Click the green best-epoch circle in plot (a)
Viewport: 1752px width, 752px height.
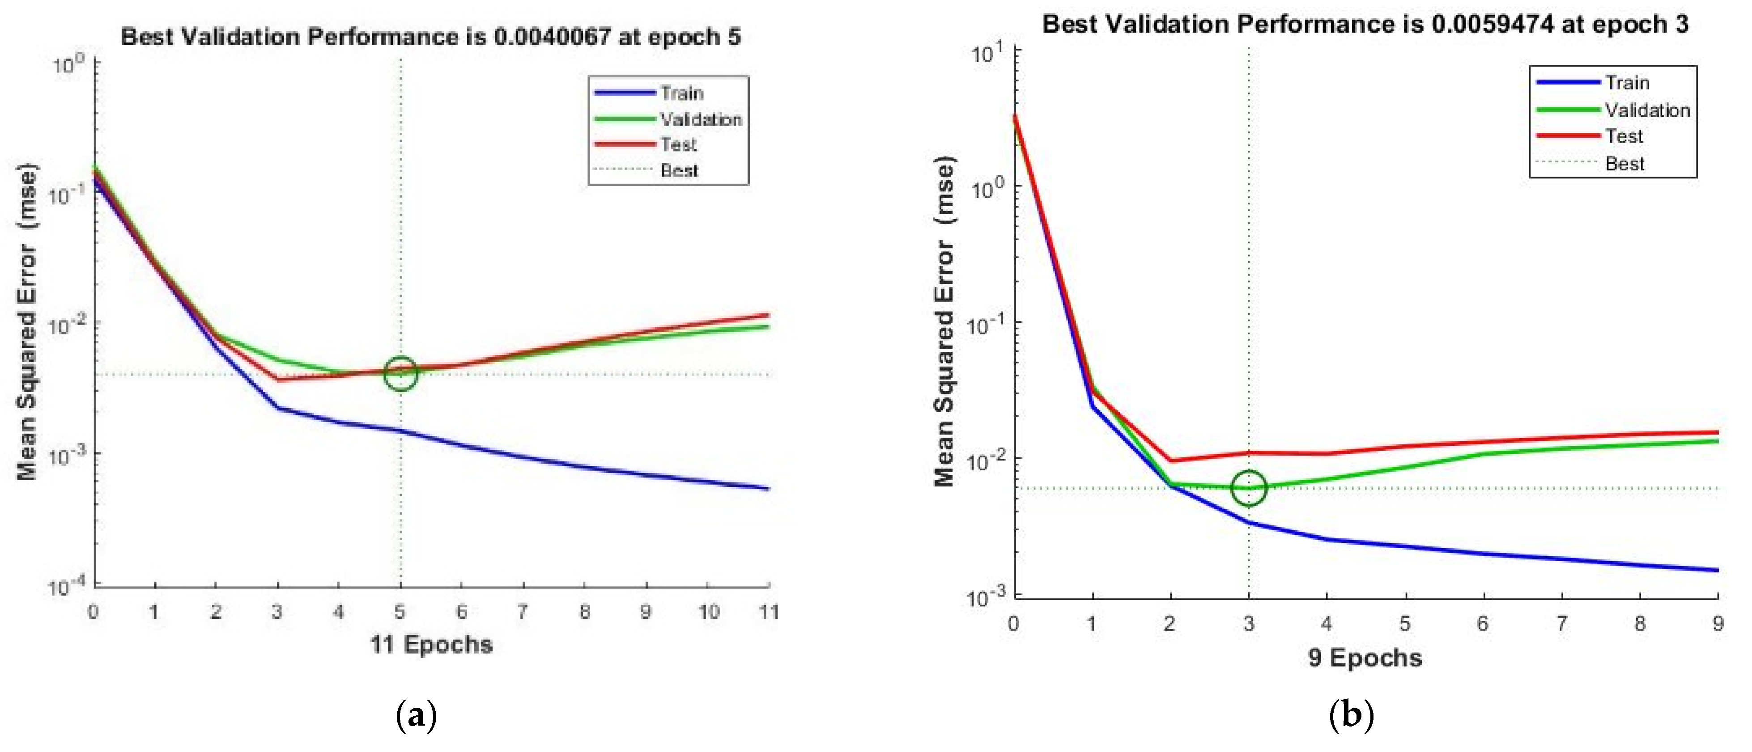coord(400,373)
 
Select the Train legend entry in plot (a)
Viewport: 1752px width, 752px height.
coord(681,93)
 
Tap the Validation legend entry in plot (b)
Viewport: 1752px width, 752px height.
coord(1646,110)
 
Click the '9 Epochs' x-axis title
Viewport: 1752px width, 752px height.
coord(1364,658)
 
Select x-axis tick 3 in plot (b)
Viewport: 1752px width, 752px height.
coord(1249,624)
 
